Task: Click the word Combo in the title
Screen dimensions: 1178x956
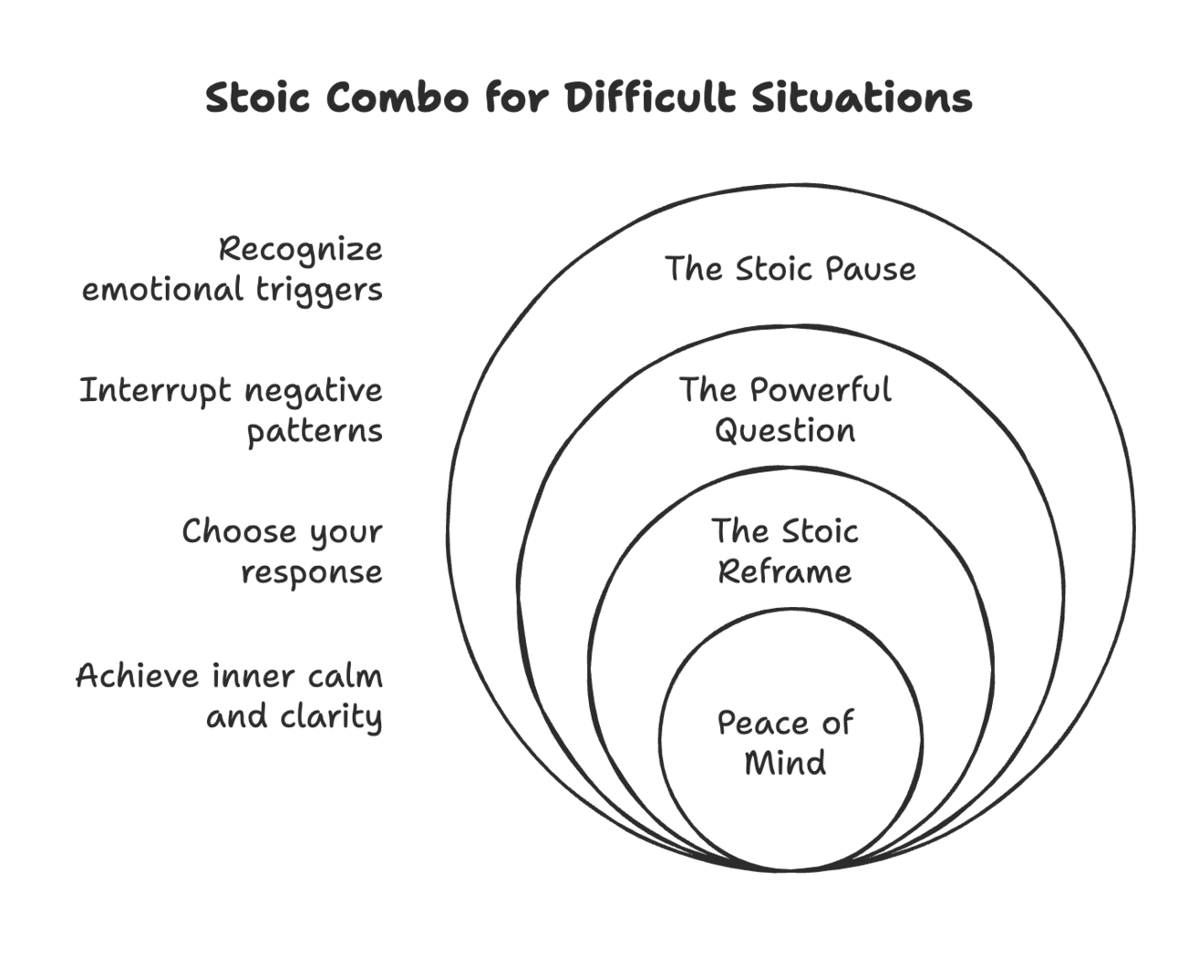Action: pyautogui.click(x=398, y=98)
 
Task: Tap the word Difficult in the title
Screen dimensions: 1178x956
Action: pyautogui.click(x=651, y=98)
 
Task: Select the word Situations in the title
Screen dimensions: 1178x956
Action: pyautogui.click(x=862, y=98)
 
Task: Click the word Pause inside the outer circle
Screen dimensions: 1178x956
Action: pyautogui.click(x=871, y=269)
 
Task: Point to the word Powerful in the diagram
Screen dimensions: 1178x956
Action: pyautogui.click(x=821, y=389)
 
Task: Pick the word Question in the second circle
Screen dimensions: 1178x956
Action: pyautogui.click(x=785, y=431)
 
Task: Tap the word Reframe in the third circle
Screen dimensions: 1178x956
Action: pyautogui.click(x=785, y=571)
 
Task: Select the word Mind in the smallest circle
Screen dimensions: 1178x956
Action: pyautogui.click(x=785, y=763)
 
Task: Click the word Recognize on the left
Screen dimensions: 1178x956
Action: pyautogui.click(x=301, y=251)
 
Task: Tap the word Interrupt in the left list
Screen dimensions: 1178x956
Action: pyautogui.click(x=155, y=392)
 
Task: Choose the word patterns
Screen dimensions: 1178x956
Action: pyautogui.click(x=315, y=432)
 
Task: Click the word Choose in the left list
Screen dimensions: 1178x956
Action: pyautogui.click(x=239, y=531)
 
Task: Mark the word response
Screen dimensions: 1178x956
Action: pyautogui.click(x=312, y=573)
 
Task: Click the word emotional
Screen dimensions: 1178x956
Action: pyautogui.click(x=162, y=291)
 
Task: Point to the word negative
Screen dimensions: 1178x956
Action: pyautogui.click(x=314, y=392)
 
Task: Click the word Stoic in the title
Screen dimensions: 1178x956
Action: pyautogui.click(x=258, y=98)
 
